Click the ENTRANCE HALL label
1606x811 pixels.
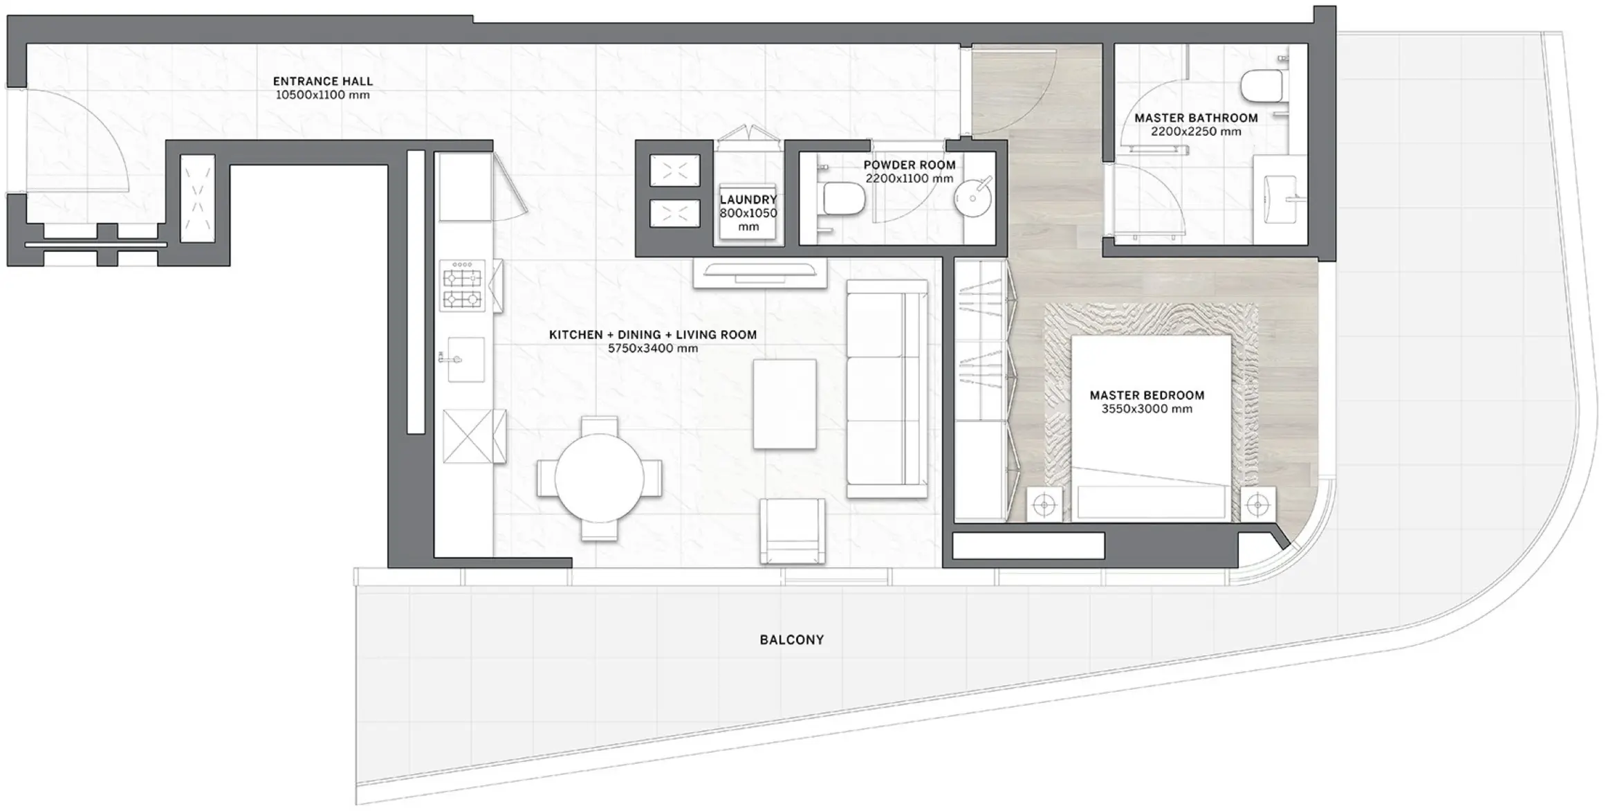click(x=322, y=82)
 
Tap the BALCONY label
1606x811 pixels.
click(x=791, y=640)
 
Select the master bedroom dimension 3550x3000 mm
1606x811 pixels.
click(x=1146, y=409)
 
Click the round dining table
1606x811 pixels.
click(x=599, y=478)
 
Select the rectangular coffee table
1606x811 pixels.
click(x=784, y=403)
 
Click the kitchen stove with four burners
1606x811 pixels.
click(x=462, y=286)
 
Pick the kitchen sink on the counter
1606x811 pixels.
click(x=465, y=359)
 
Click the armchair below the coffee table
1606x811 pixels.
click(x=792, y=531)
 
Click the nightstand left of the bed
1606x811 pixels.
click(x=1044, y=505)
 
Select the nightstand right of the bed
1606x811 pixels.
click(x=1257, y=505)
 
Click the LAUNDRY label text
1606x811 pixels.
click(x=748, y=200)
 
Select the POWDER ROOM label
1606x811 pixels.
click(x=909, y=165)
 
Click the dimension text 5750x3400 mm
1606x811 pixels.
click(x=652, y=349)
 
